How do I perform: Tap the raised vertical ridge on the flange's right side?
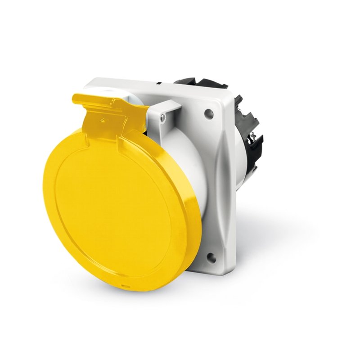pos(220,180)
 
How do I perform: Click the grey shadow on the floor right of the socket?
pos(279,234)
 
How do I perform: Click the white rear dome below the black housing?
pos(241,180)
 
